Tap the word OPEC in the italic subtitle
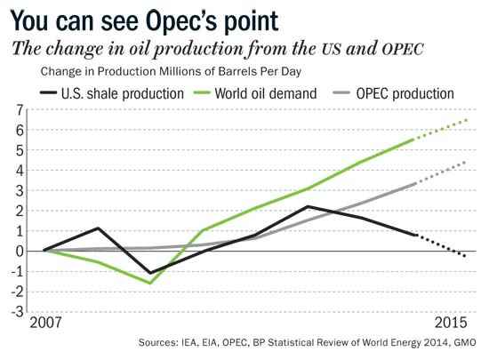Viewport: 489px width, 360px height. point(403,49)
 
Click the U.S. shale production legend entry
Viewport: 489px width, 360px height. point(112,93)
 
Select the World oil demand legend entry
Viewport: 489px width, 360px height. point(255,93)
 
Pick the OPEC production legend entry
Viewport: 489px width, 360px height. point(394,93)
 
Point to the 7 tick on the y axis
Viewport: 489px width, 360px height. point(20,110)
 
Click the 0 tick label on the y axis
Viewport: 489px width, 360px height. point(20,252)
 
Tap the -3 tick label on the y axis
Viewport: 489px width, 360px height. point(18,312)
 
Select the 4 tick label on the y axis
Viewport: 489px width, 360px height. point(20,171)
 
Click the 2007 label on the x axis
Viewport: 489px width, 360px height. point(45,323)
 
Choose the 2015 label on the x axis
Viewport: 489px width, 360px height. point(451,323)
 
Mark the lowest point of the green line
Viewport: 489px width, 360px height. point(150,284)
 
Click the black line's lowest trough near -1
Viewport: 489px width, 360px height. point(150,273)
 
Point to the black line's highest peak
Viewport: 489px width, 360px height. point(309,206)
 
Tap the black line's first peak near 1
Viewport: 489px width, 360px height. point(98,228)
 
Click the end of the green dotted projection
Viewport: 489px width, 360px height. point(467,120)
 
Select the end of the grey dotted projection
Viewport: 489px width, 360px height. point(466,162)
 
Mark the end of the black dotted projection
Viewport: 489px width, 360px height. point(465,256)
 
